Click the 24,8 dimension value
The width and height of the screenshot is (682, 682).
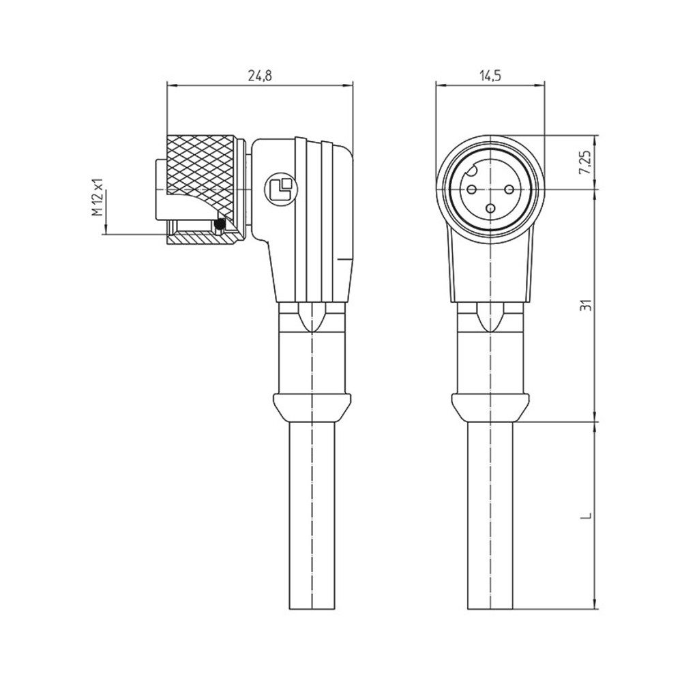[x=259, y=77]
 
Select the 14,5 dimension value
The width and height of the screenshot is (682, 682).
[x=490, y=77]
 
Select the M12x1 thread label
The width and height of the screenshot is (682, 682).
[x=98, y=197]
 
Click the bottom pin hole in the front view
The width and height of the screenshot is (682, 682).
[x=490, y=207]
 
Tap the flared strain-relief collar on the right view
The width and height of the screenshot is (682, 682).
[x=490, y=408]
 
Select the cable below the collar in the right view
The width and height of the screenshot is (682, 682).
[x=490, y=518]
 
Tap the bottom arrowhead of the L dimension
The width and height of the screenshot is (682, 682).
[x=597, y=605]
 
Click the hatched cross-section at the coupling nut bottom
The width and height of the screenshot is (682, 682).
[x=198, y=239]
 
